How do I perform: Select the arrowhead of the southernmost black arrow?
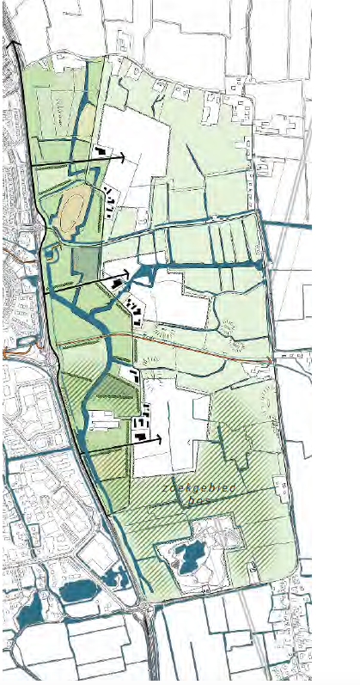point(159,438)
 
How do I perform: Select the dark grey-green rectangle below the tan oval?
point(85,261)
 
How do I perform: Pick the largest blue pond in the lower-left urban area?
point(77,590)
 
